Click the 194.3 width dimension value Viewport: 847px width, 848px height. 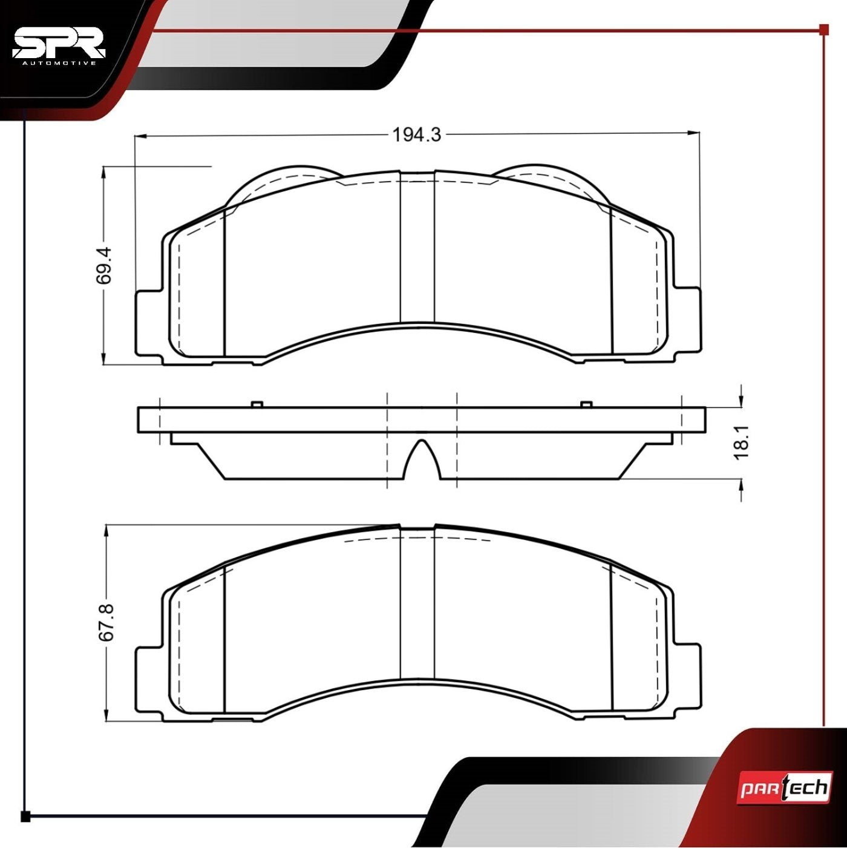417,134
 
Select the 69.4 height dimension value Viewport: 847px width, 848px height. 103,265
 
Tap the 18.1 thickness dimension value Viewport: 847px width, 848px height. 742,441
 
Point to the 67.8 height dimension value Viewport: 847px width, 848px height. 106,622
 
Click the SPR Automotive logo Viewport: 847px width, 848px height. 59,46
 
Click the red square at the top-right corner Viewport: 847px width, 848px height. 823,29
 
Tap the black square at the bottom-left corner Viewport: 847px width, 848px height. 25,817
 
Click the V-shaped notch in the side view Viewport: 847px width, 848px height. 422,460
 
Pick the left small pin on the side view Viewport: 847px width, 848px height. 256,404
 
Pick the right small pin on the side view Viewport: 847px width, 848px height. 585,404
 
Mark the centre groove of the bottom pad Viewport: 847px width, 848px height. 417,605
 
